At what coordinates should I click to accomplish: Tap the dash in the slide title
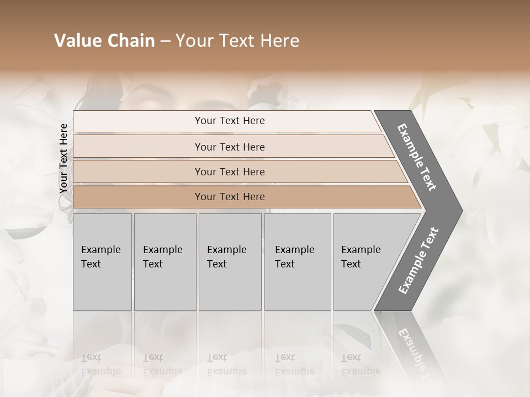click(x=165, y=41)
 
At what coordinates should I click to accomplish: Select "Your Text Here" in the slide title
click(x=237, y=41)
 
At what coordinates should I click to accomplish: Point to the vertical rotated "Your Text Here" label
click(x=63, y=158)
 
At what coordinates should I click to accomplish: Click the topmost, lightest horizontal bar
click(x=226, y=121)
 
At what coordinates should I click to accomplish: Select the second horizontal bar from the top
click(x=232, y=147)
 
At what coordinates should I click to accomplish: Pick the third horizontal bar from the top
click(x=237, y=171)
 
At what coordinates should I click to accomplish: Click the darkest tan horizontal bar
click(x=243, y=197)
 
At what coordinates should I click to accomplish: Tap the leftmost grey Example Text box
click(x=102, y=262)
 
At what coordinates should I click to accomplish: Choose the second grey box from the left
click(x=165, y=262)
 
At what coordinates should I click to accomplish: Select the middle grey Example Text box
click(x=230, y=262)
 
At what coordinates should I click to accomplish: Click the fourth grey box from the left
click(x=298, y=262)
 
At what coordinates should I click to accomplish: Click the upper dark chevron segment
click(x=417, y=157)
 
